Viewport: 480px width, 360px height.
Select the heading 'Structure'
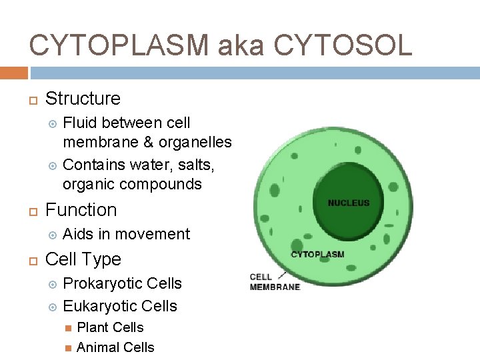pyautogui.click(x=83, y=99)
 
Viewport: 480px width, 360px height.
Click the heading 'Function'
pyautogui.click(x=81, y=210)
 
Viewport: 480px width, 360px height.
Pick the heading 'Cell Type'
pyautogui.click(x=83, y=259)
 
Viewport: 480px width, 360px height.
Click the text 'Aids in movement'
pyautogui.click(x=126, y=234)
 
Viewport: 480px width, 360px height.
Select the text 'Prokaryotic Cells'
pyautogui.click(x=122, y=283)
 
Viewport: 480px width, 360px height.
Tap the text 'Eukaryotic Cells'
pyautogui.click(x=120, y=306)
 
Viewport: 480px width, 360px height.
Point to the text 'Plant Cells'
pyautogui.click(x=110, y=327)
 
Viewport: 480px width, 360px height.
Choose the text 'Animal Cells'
pyautogui.click(x=115, y=347)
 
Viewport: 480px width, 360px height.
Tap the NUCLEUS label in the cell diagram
pyautogui.click(x=348, y=203)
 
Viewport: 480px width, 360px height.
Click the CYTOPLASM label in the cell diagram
pyautogui.click(x=317, y=255)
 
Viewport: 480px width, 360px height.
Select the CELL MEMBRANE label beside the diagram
pyautogui.click(x=275, y=282)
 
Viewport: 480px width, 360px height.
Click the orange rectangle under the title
pyautogui.click(x=13, y=73)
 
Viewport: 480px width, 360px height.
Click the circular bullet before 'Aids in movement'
pyautogui.click(x=53, y=235)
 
